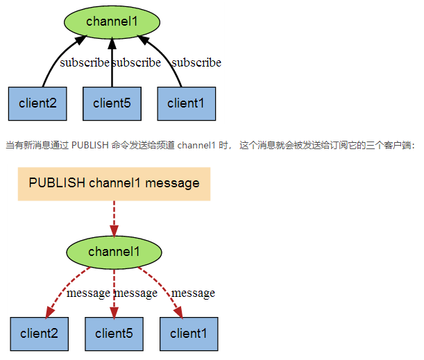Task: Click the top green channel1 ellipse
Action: tap(112, 22)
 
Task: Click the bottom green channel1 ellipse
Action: tap(114, 252)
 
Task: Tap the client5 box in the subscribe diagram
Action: tap(112, 103)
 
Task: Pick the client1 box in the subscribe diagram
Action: tap(186, 103)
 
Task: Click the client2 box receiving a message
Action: tap(39, 334)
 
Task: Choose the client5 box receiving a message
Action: tap(114, 334)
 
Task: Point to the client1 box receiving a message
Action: tap(189, 334)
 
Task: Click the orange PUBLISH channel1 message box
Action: tap(114, 184)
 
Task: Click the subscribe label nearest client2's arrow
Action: tap(84, 62)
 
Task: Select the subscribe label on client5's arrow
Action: tap(137, 62)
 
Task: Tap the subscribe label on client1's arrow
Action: tap(196, 62)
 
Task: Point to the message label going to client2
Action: tap(88, 293)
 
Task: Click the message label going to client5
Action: tap(136, 293)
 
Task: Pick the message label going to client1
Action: tap(193, 293)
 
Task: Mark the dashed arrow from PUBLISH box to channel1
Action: tap(114, 218)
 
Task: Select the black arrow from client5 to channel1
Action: tap(112, 69)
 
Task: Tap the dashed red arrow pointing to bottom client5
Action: tap(114, 305)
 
